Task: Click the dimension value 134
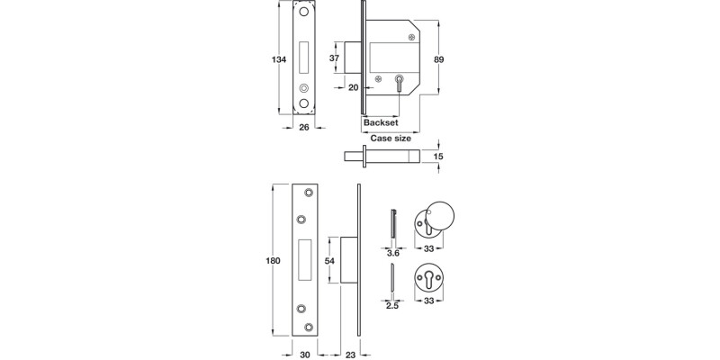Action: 279,60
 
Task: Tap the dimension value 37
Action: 335,59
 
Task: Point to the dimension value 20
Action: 353,88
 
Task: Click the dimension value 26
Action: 304,128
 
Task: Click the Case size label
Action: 391,139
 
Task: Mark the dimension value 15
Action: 439,157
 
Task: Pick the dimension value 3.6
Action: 391,255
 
